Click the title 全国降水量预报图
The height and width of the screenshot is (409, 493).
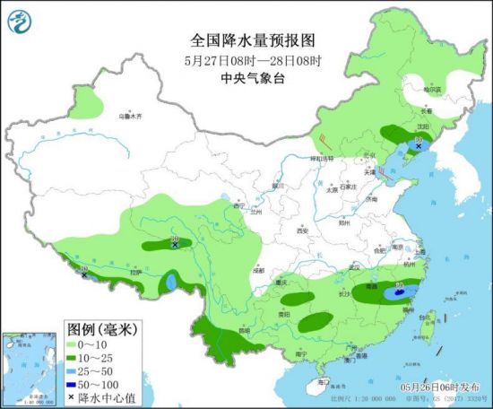(x=253, y=40)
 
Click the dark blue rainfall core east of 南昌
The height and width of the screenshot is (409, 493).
(x=395, y=292)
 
